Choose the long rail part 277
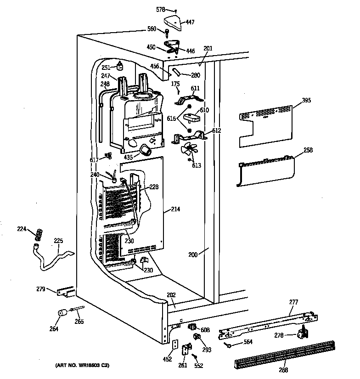point(266,324)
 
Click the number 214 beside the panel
point(175,209)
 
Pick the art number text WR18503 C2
point(82,366)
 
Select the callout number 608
point(205,329)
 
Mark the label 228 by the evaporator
point(154,187)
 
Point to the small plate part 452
point(175,345)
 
